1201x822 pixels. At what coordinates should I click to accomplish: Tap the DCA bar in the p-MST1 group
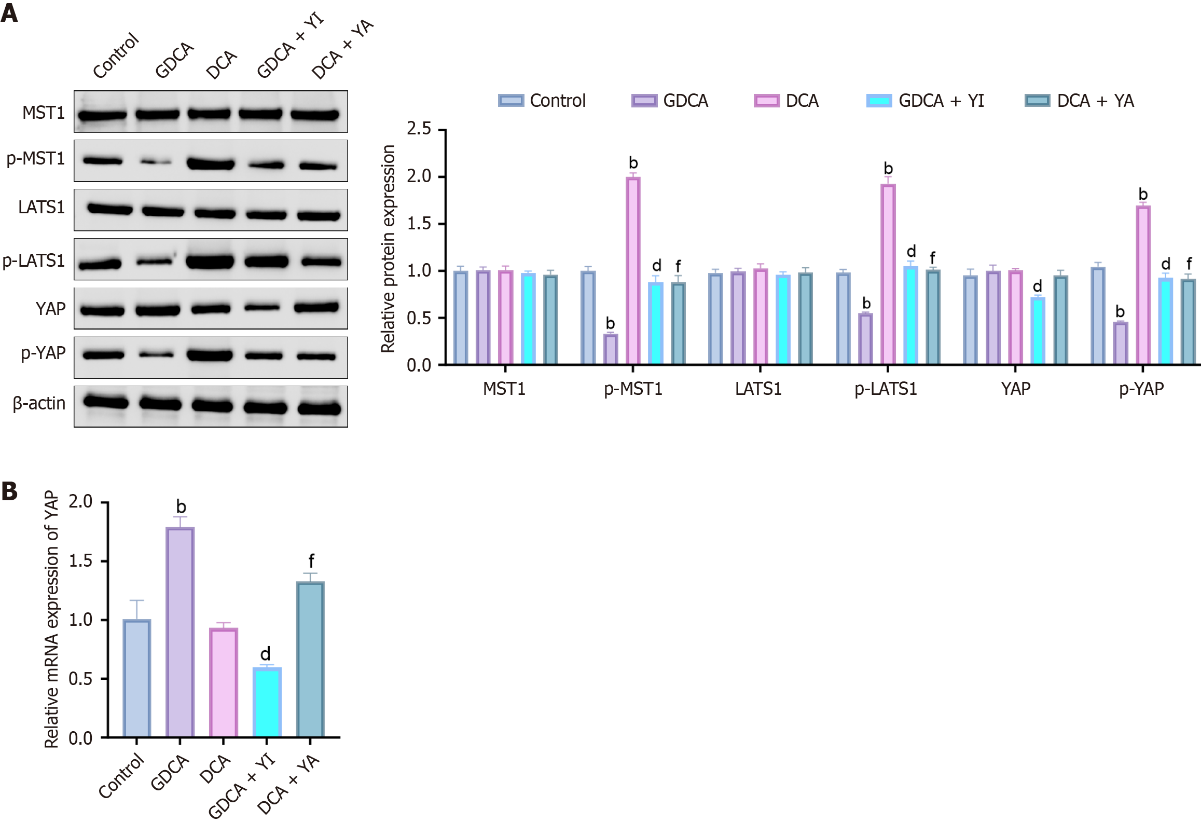coord(633,270)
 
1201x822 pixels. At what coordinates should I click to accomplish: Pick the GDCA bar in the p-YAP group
coord(1120,343)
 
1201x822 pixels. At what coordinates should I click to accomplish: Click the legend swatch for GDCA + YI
coord(879,101)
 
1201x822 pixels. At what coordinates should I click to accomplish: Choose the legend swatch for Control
coord(510,101)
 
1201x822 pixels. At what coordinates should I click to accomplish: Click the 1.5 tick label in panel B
coord(80,561)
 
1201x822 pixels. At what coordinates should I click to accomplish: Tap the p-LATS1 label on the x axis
coord(886,389)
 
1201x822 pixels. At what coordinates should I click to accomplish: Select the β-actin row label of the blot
coord(39,403)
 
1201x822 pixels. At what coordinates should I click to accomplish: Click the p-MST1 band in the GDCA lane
coord(156,162)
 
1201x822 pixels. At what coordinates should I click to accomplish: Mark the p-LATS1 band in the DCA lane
coord(210,261)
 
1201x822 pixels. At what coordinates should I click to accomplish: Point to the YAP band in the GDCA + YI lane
coord(262,308)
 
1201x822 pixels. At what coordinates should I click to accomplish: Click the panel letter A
coord(9,12)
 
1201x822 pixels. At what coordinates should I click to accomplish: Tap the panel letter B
coord(9,491)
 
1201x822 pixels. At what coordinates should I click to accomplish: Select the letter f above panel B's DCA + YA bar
coord(311,561)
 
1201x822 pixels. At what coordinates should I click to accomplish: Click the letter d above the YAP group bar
coord(1037,286)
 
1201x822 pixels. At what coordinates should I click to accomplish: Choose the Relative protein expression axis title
coord(388,249)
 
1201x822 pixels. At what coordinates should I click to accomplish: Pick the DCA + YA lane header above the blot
coord(342,49)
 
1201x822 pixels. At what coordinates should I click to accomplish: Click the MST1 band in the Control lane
coord(102,115)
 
